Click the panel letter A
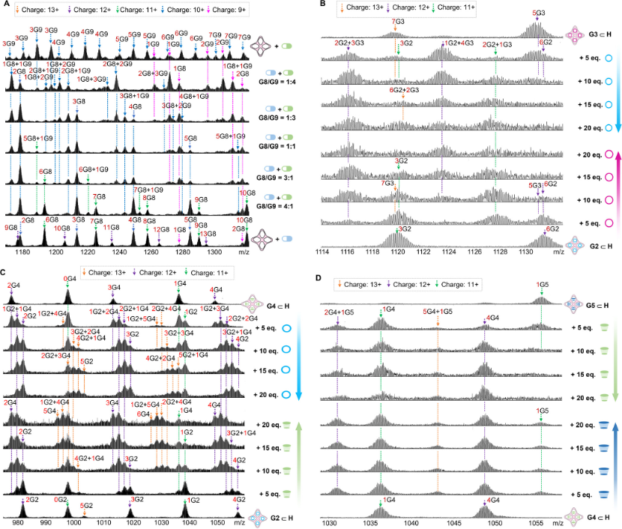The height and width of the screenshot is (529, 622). pyautogui.click(x=5, y=5)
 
